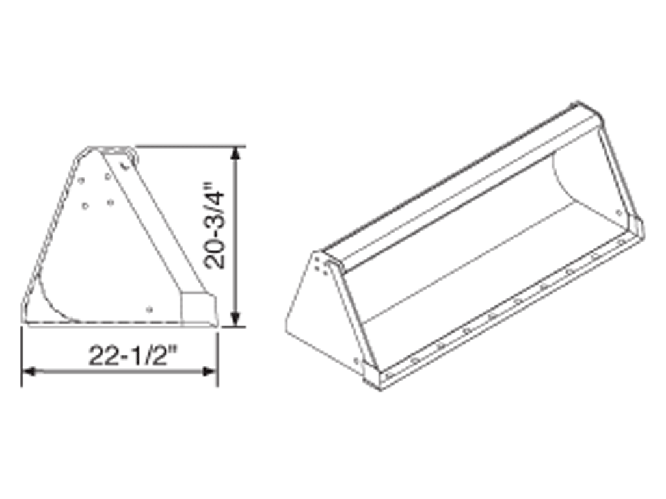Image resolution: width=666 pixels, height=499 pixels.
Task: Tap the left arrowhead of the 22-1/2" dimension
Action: [28, 371]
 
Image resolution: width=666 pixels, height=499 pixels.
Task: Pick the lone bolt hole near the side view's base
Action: [150, 309]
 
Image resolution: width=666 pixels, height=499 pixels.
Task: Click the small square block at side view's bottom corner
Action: [196, 307]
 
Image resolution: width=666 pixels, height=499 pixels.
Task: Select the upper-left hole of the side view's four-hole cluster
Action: [82, 181]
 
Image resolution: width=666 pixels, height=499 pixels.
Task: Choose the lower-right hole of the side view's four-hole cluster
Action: [110, 203]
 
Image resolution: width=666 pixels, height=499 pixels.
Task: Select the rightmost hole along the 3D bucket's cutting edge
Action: [621, 242]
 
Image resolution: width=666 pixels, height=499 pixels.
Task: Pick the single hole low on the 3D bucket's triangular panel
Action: [355, 359]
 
